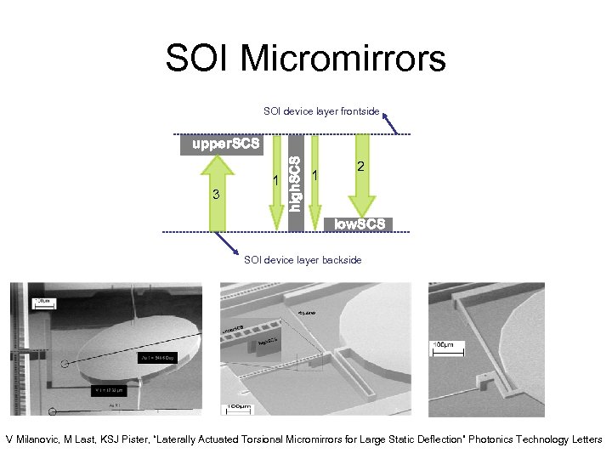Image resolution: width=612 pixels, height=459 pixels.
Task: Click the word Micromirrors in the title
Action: pos(343,59)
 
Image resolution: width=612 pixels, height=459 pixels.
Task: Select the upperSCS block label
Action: pos(225,144)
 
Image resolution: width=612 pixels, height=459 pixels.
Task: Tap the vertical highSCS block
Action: pos(294,183)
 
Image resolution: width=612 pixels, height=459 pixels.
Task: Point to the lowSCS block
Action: pos(360,224)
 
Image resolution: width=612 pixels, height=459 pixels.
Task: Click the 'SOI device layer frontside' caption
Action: pos(321,111)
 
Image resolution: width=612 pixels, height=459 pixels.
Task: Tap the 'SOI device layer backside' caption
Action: pos(303,259)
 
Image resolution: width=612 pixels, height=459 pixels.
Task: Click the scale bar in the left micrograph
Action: pos(41,303)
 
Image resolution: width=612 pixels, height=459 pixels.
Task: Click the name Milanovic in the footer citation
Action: pos(42,439)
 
